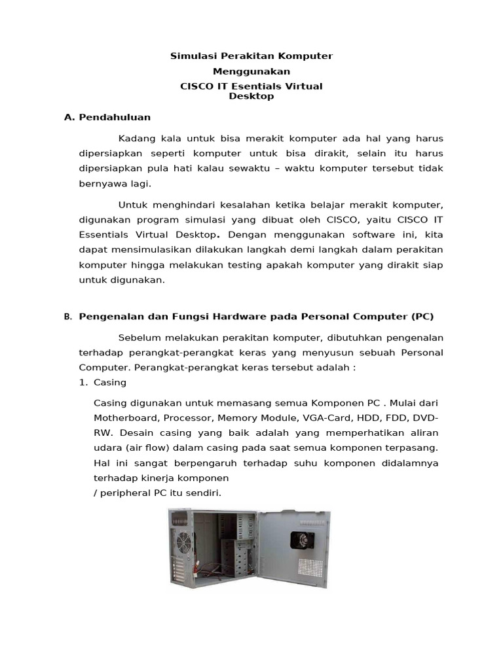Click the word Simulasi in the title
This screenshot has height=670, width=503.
coord(191,56)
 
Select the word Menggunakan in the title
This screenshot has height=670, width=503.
coord(251,71)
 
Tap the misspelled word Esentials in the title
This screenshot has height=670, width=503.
coord(259,86)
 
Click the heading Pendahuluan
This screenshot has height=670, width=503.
coord(115,117)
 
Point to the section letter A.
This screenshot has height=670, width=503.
coord(67,117)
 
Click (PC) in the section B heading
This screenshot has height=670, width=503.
coord(422,317)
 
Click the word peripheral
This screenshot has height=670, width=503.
coord(125,493)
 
